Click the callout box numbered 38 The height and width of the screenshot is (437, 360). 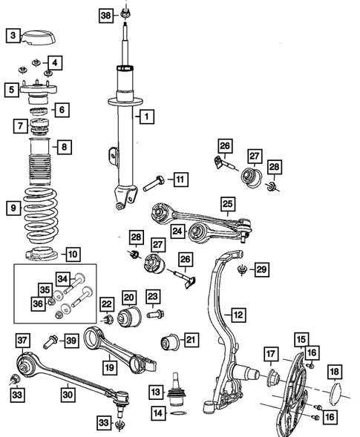(x=105, y=15)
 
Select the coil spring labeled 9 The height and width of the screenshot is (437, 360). (x=41, y=211)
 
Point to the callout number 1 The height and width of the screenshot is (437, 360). (x=146, y=116)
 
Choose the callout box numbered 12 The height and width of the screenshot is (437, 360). (x=237, y=314)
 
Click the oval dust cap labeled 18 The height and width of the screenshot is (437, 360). (x=335, y=392)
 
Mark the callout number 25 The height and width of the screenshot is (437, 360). (x=228, y=202)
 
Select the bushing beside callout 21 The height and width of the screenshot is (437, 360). (x=170, y=344)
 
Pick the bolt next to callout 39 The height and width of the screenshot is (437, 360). (x=51, y=341)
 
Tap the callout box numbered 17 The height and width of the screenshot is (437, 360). (x=271, y=354)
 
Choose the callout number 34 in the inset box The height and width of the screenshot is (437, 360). (x=62, y=279)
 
